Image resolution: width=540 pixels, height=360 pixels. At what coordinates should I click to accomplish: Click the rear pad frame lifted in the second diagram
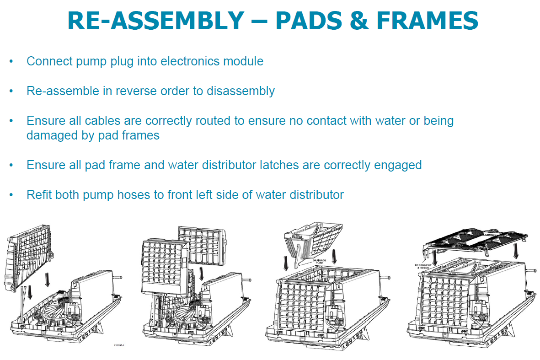click(x=201, y=247)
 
